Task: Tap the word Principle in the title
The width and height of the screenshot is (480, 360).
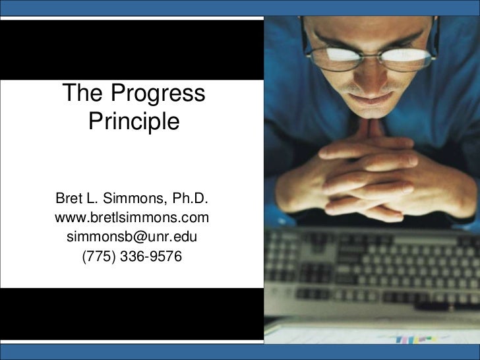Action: click(133, 122)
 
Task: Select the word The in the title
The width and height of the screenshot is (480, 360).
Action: click(83, 94)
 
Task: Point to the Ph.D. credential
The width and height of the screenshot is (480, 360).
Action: click(189, 198)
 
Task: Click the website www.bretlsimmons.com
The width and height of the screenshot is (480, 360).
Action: click(132, 218)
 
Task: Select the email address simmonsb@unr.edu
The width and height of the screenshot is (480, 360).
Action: click(132, 236)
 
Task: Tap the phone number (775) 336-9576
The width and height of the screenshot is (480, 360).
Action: click(132, 255)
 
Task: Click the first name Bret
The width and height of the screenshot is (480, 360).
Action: click(68, 198)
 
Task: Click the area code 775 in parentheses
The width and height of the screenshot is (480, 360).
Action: click(96, 255)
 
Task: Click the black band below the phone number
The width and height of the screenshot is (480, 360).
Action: click(132, 313)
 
